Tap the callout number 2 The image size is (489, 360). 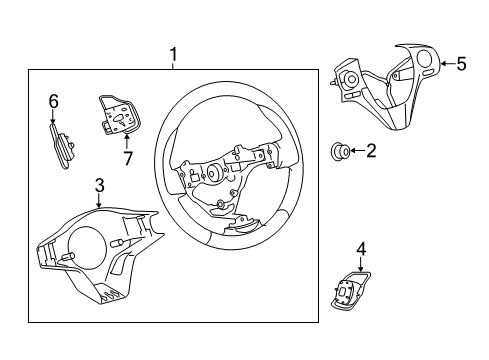coord(370,151)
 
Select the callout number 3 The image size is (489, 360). coord(99,184)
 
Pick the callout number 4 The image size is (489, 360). coord(360,249)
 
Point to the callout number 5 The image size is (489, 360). coord(460,64)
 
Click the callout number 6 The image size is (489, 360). coord(54,99)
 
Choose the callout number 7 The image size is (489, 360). coord(126,156)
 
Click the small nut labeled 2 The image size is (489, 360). coord(340,152)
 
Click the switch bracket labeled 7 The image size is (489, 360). coord(116,116)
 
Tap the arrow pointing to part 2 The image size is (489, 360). coord(356,152)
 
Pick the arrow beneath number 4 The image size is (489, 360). coord(360,266)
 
